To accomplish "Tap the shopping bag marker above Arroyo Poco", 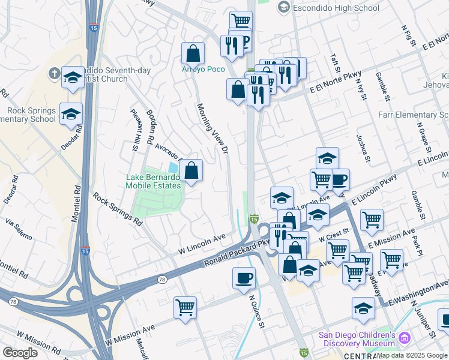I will pyautogui.click(x=193, y=53).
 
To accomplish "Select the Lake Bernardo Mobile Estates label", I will pyautogui.click(x=153, y=181).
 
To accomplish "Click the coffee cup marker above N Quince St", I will pyautogui.click(x=244, y=278).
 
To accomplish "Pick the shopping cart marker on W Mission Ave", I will pyautogui.click(x=185, y=307).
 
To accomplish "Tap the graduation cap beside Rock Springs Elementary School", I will pyautogui.click(x=71, y=113).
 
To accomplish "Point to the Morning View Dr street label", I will pyautogui.click(x=213, y=127).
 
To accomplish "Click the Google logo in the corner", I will pyautogui.click(x=20, y=353).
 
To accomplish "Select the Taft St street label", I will pyautogui.click(x=335, y=64).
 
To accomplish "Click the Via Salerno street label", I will pyautogui.click(x=19, y=230).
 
